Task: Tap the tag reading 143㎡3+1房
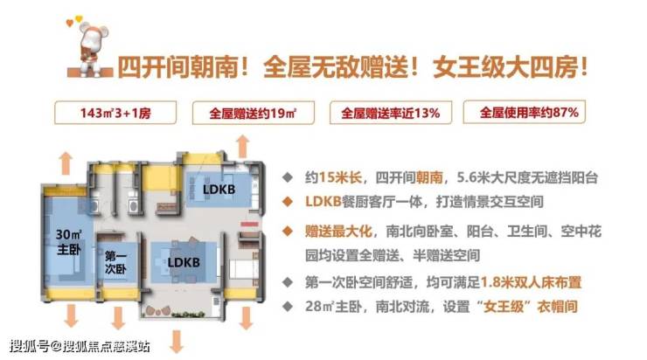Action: [115, 113]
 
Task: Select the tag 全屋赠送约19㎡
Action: [253, 113]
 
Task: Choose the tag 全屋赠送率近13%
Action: [390, 113]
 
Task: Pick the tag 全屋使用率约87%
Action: [525, 112]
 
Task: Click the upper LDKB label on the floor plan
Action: [219, 190]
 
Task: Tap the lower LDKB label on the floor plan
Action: [184, 262]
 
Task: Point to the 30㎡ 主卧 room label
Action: [69, 242]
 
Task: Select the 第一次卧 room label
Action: [115, 263]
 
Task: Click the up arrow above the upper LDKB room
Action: [243, 146]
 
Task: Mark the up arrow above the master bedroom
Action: [66, 163]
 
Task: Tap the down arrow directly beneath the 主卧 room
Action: [71, 315]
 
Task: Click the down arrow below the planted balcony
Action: [177, 342]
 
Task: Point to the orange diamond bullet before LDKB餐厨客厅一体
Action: [288, 202]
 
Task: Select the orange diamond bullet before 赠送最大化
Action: [288, 231]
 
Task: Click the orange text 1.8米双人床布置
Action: [531, 282]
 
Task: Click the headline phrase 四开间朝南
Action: [178, 66]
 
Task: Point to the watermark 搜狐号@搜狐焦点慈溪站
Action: [80, 345]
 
